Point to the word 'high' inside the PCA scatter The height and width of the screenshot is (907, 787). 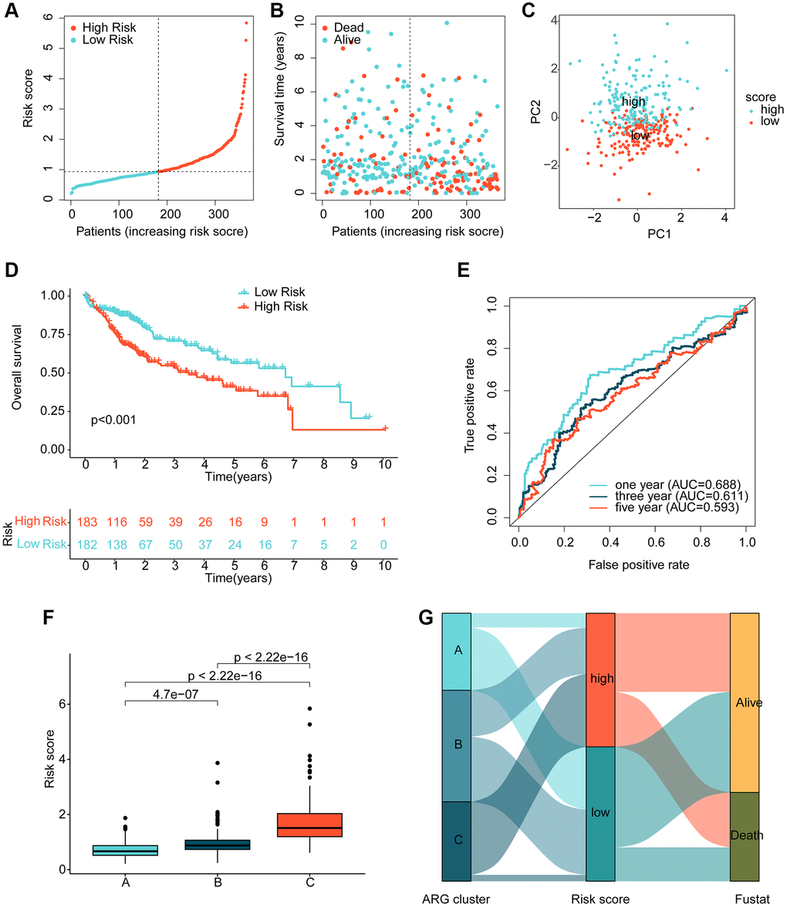(633, 102)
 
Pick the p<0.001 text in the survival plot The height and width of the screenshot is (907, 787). (114, 421)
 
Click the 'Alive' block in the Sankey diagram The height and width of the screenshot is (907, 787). (745, 703)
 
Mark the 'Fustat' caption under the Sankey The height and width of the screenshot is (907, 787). (745, 898)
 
